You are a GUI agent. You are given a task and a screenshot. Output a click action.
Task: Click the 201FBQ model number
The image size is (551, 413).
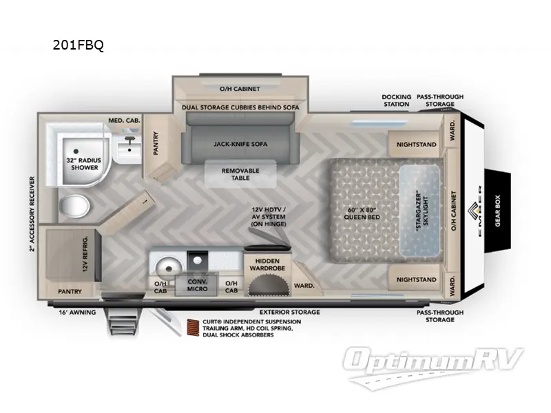pyautogui.click(x=78, y=46)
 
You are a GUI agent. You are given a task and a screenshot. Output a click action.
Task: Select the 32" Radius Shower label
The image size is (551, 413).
pyautogui.click(x=82, y=163)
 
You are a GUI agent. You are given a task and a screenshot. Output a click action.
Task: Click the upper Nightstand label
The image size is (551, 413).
pyautogui.click(x=416, y=145)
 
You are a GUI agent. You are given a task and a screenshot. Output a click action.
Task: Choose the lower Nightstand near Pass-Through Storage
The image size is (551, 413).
pyautogui.click(x=416, y=279)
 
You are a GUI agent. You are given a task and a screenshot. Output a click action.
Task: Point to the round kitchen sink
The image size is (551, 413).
pyautogui.click(x=165, y=264)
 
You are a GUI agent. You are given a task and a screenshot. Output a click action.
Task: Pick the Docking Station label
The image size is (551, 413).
pyautogui.click(x=396, y=100)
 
